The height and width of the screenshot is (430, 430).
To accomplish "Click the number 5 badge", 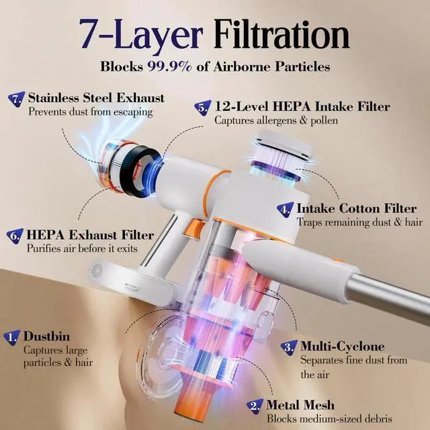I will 203,107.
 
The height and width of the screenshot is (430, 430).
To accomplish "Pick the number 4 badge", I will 286,209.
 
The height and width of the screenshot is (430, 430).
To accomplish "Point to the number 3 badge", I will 289,347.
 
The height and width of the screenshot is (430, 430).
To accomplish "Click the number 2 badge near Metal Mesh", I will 254,405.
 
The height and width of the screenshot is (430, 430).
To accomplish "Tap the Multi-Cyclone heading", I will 343,347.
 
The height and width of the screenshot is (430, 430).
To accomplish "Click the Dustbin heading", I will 46,336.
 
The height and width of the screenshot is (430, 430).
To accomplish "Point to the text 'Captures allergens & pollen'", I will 275,121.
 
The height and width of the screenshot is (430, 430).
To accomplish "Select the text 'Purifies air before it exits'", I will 81,249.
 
